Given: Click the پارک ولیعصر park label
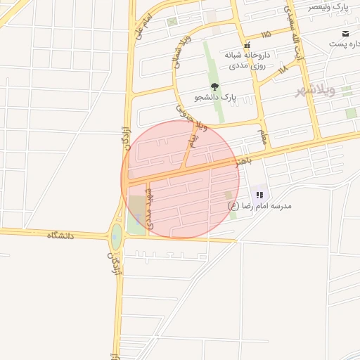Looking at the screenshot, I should pos(330,6).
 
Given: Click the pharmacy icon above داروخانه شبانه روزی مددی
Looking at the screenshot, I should pos(246,45).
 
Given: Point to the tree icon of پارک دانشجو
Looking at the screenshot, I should pos(214,87).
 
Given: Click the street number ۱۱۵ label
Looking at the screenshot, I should pos(265,34).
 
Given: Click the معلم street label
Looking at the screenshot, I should pos(262,134).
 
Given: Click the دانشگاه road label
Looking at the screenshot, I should pos(60,235).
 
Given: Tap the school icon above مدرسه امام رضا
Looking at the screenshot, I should pos(260,195).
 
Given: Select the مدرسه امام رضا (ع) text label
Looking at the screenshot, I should pos(259,207).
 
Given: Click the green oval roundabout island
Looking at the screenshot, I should pos(116,237).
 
